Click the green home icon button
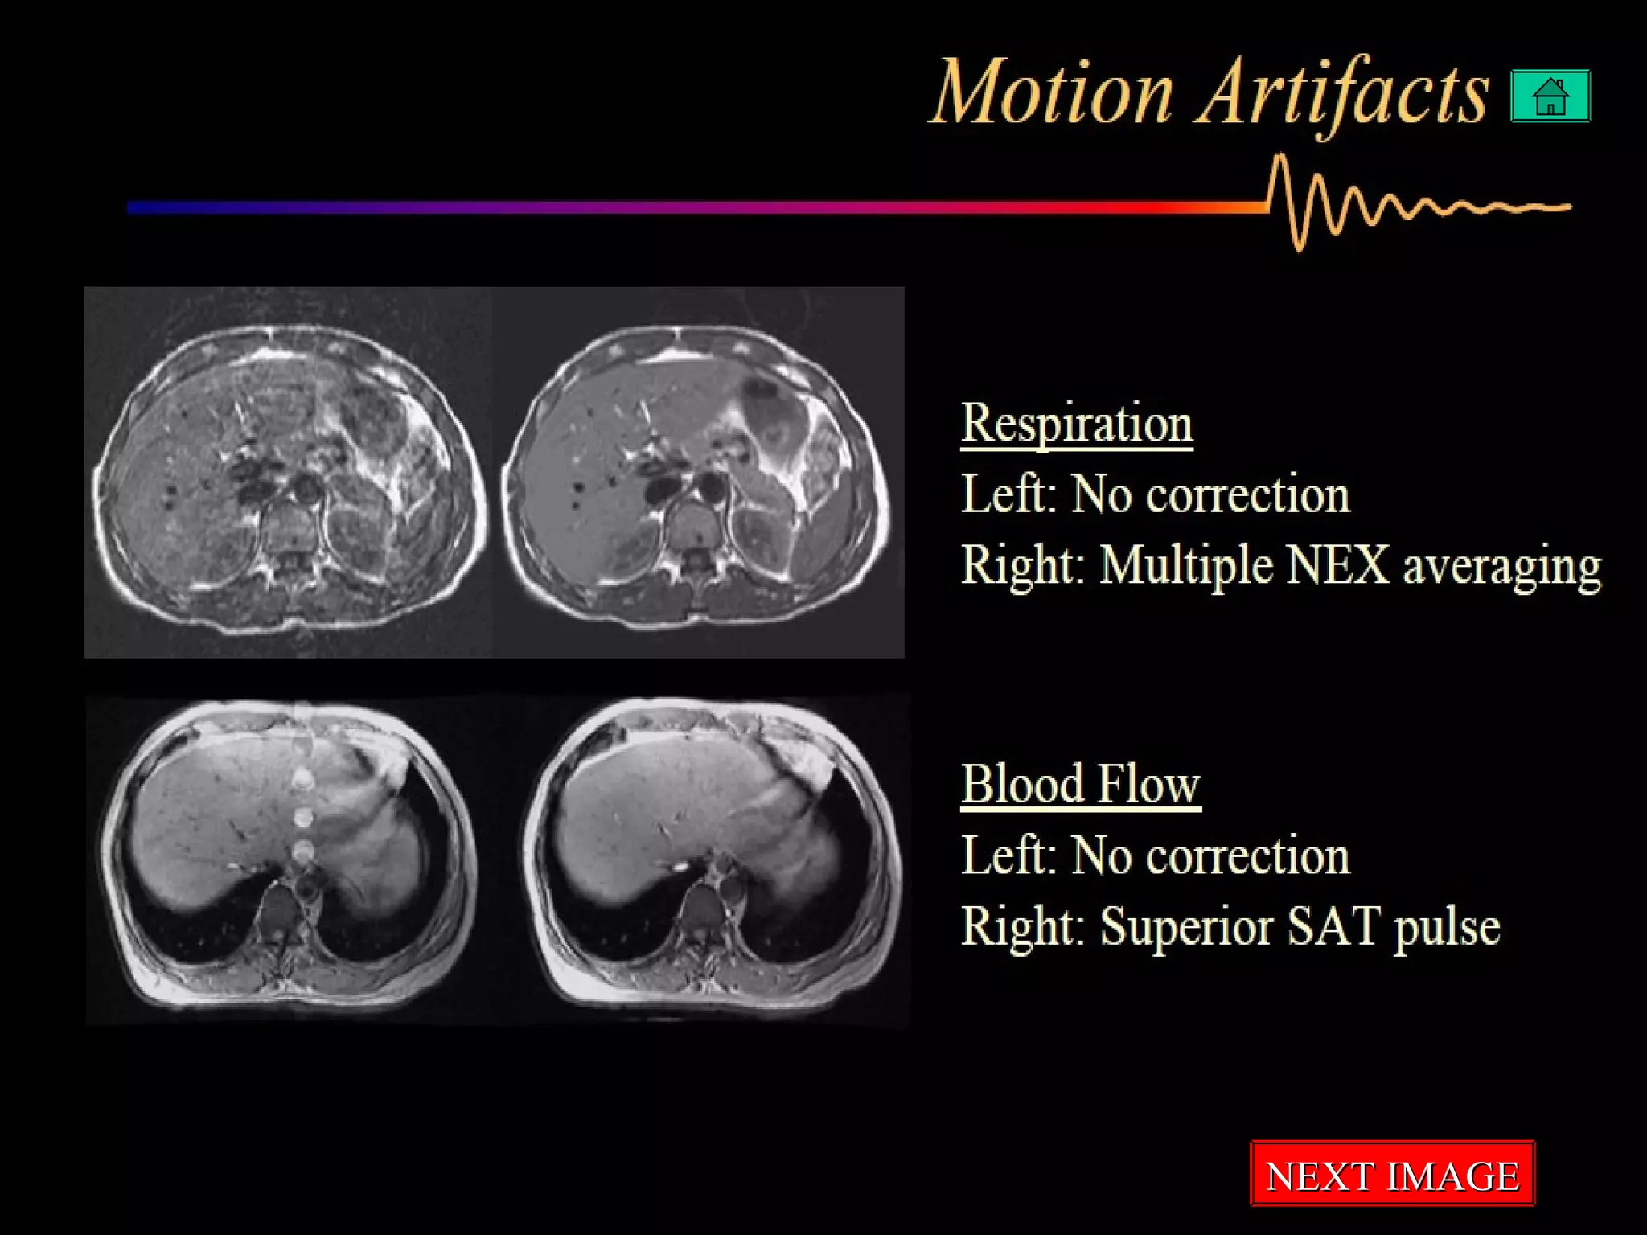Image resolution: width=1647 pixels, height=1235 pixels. click(1550, 96)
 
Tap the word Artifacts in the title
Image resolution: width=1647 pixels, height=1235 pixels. click(1341, 94)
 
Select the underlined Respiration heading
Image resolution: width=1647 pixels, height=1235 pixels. click(1077, 423)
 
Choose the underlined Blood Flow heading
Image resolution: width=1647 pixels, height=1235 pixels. click(1080, 784)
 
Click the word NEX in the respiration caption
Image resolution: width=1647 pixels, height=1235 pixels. click(1337, 565)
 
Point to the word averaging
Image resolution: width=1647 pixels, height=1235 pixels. click(1502, 567)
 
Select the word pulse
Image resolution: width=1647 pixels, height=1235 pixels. click(1448, 928)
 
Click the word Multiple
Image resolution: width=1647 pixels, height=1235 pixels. click(1186, 566)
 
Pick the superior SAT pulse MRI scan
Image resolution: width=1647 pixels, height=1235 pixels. click(714, 856)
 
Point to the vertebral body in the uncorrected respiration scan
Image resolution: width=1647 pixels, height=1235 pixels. click(290, 527)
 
